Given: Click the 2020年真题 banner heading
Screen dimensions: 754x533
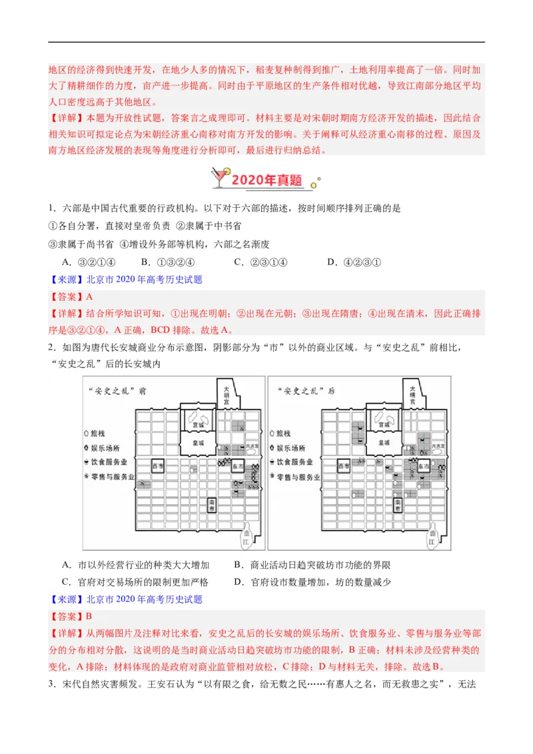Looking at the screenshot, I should coord(266,181).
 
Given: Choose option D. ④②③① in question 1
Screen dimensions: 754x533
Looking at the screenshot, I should coord(354,262).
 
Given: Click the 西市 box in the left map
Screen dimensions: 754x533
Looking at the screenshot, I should coord(159,467).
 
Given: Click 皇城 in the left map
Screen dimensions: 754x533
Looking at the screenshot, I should coord(198,443).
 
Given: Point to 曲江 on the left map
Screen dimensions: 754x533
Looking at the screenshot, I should coord(248,539).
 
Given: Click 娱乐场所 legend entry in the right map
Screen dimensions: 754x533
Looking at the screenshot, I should coord(288,448).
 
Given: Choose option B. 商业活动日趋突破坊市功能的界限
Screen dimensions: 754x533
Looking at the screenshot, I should coord(312,565).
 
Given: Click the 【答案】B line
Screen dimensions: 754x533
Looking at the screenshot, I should coord(73,617).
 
